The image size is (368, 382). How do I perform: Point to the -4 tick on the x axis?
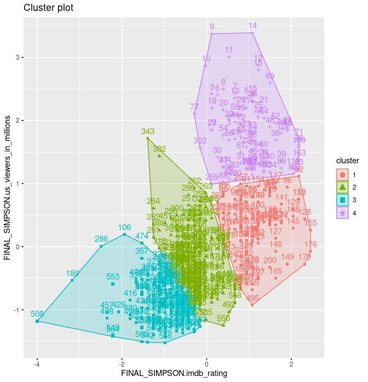click(x=37, y=363)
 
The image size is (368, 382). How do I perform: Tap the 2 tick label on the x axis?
click(x=291, y=363)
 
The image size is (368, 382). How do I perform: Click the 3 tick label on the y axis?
click(x=17, y=57)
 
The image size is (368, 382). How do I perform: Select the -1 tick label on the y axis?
click(x=16, y=310)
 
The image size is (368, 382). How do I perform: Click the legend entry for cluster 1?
click(x=342, y=174)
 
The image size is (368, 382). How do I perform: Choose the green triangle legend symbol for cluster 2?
click(x=342, y=187)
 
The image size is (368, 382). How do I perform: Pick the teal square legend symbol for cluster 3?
click(x=342, y=199)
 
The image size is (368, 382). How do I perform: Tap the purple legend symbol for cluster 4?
click(x=342, y=212)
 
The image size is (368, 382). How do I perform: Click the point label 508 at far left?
click(x=37, y=314)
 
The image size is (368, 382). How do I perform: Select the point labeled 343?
click(x=148, y=132)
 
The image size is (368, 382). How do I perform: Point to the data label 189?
click(x=72, y=273)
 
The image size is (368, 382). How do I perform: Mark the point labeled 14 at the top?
click(x=252, y=26)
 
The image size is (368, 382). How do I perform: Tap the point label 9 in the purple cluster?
click(x=212, y=27)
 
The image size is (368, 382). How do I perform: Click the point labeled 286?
click(x=101, y=239)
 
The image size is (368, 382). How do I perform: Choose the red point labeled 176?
click(x=311, y=244)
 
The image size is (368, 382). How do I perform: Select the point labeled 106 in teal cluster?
click(x=124, y=227)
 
